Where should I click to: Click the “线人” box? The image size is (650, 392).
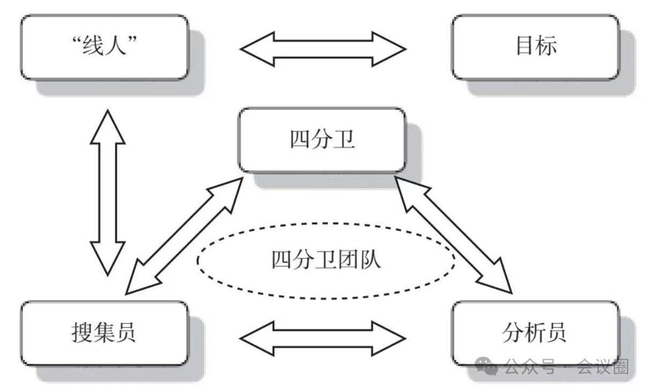coord(105,47)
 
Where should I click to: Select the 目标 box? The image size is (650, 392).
coord(535,47)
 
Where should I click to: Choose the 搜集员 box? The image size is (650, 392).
coord(105,333)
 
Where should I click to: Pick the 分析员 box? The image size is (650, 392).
coord(535,333)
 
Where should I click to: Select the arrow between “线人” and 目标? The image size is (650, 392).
coord(323,49)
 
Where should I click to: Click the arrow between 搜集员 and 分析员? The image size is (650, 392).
coord(323,338)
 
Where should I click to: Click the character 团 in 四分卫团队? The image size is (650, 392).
coord(353,260)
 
